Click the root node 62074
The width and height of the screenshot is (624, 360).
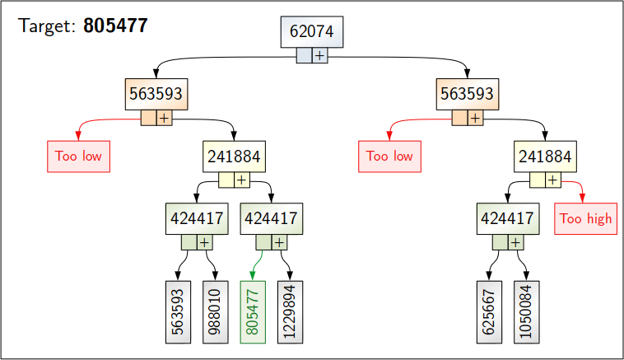click(x=311, y=31)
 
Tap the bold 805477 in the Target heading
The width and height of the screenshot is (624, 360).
click(x=115, y=26)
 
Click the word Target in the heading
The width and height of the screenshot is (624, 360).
click(x=48, y=26)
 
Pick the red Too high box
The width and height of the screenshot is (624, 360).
click(x=585, y=218)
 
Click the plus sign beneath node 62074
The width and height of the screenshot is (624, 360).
click(x=319, y=55)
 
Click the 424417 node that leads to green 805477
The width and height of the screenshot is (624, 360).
click(x=271, y=218)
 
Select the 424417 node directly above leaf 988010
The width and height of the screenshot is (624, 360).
click(x=196, y=218)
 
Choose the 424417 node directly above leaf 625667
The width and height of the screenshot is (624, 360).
click(x=507, y=218)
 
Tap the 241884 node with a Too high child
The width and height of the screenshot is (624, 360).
click(x=545, y=156)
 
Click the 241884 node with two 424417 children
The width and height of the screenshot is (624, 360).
click(x=234, y=156)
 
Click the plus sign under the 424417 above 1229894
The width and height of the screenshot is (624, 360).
click(x=279, y=242)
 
